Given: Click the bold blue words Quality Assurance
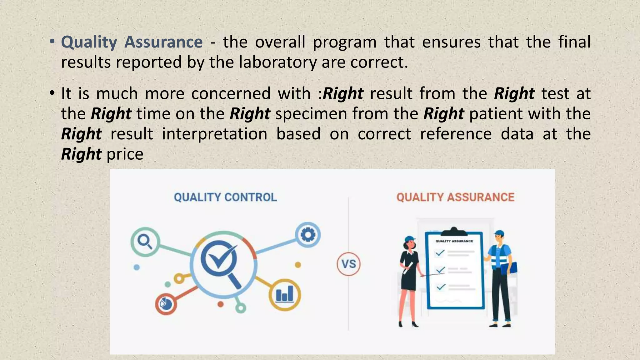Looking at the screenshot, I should [132, 42].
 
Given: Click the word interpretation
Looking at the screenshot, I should [214, 134].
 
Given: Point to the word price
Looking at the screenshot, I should [125, 154].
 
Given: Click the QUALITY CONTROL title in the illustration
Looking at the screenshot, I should [225, 197].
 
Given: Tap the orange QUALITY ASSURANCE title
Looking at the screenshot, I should [455, 197].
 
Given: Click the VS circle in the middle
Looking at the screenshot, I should [348, 264].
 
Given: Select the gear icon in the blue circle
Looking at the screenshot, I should [308, 235].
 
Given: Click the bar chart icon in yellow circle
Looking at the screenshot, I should [285, 295].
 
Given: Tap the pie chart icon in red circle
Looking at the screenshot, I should [165, 303].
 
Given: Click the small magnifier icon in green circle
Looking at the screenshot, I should [145, 242].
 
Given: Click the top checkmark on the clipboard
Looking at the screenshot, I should [440, 253].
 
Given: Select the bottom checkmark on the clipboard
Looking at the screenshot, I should [441, 287].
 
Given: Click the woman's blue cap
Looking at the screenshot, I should [410, 239].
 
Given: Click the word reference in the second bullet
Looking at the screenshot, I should [456, 134].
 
